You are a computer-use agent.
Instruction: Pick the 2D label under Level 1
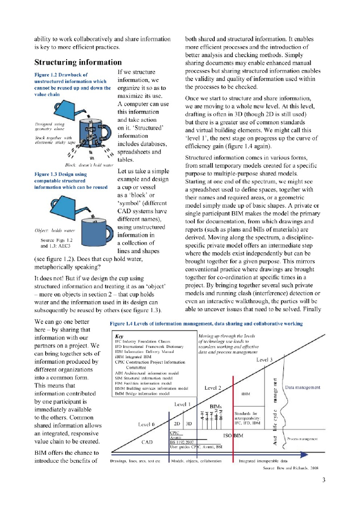pos(177,424)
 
